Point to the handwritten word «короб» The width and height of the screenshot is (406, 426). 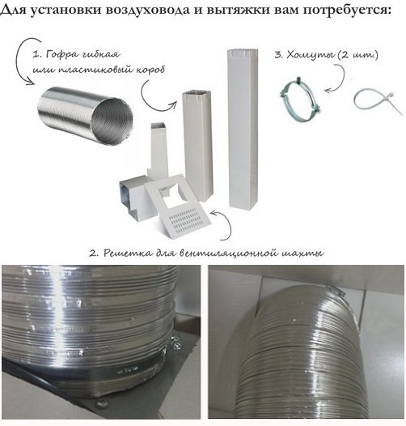[x=150, y=70]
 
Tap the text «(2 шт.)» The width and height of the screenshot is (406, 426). [x=358, y=55]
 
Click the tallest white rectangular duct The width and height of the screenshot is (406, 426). [x=243, y=128]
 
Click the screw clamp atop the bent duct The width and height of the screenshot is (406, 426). [x=336, y=291]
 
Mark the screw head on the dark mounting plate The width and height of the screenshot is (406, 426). [x=101, y=404]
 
